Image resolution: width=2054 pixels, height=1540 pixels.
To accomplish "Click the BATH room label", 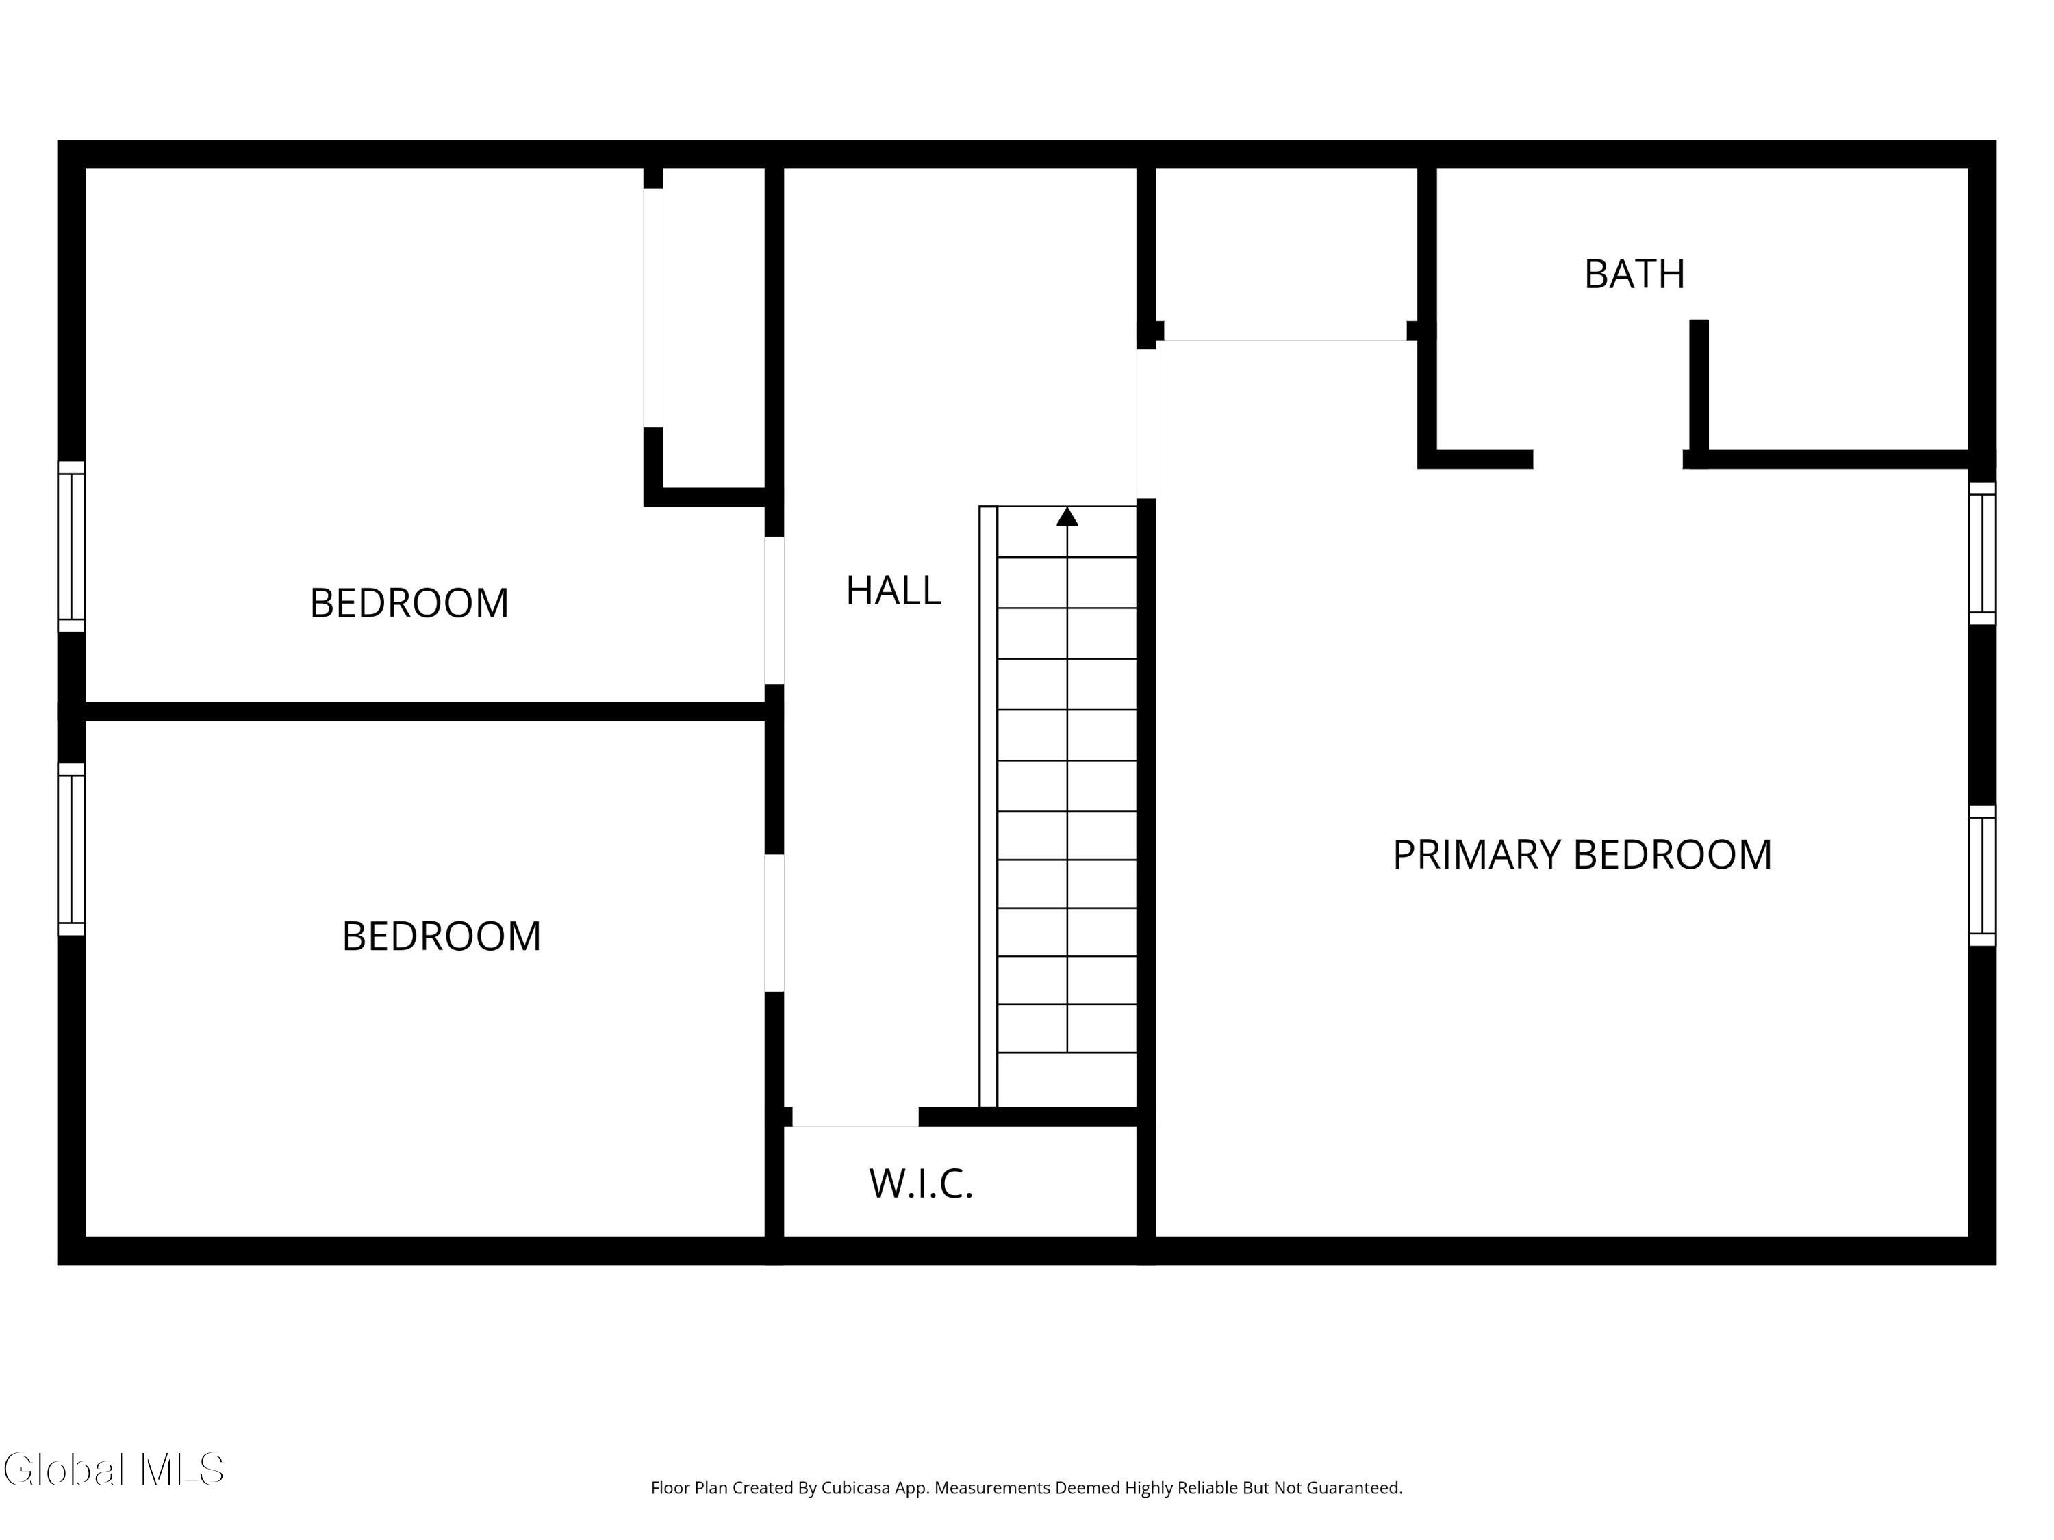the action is pos(1634,274).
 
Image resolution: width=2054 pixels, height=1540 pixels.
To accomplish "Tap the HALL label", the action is pos(893,591).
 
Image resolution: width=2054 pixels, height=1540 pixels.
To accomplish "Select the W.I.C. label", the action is pos(920,1183).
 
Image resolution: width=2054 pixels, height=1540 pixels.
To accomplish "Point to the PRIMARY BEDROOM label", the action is pos(1582,855).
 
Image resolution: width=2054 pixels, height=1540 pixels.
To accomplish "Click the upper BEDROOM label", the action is pos(409,604).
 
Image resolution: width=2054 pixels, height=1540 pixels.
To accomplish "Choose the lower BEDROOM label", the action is pos(441,936).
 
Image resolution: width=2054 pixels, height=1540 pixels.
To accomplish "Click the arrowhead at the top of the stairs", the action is pos(1067,516).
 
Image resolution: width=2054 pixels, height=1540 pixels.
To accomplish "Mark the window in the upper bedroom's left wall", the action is pos(71,547).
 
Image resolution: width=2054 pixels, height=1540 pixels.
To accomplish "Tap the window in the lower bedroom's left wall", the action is pos(71,849).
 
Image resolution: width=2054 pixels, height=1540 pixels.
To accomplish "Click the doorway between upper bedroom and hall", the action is pos(774,611).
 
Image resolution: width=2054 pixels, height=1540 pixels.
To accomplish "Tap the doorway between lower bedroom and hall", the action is pos(774,923).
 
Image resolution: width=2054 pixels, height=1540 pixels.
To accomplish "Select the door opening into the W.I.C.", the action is pos(855,1117).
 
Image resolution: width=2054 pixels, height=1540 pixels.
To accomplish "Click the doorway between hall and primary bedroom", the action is pos(1146,423).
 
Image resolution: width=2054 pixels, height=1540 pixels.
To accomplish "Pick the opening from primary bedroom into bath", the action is pos(1608,459).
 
